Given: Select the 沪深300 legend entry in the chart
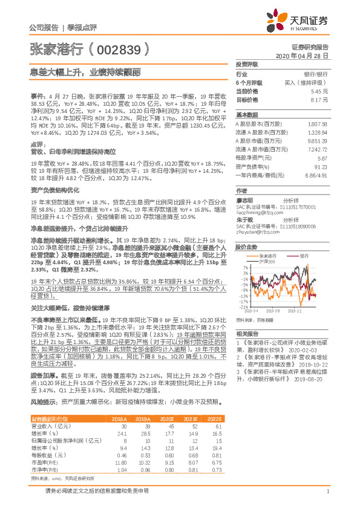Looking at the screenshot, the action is click(x=266, y=261).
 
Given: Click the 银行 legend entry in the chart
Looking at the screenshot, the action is click(x=304, y=256).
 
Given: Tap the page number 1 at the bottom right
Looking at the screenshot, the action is click(x=327, y=491).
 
